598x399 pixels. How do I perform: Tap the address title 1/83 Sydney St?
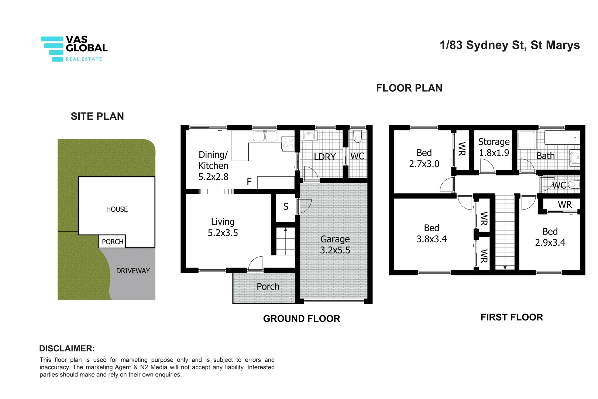(x=509, y=45)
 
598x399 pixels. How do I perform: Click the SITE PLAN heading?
(x=97, y=116)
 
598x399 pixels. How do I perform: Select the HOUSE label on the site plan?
(x=117, y=209)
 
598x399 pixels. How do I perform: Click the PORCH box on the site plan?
(x=112, y=242)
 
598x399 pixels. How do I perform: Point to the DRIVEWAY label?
(x=133, y=271)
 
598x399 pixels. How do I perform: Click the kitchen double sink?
(x=265, y=136)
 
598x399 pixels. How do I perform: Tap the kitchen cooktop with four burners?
(x=288, y=143)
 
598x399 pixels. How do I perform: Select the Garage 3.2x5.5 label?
(x=335, y=245)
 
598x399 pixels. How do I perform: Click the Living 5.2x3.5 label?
(x=223, y=227)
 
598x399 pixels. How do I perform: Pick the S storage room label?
(x=286, y=207)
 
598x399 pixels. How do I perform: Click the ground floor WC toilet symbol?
(x=357, y=136)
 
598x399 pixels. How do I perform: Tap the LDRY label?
(x=324, y=157)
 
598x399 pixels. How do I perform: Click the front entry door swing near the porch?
(x=256, y=263)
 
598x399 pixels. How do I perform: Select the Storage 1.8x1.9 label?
(x=494, y=147)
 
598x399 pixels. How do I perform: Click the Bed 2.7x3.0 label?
(x=424, y=158)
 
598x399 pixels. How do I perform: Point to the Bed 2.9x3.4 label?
(x=550, y=237)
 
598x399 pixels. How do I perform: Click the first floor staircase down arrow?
(x=505, y=267)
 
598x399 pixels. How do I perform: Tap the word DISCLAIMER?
(x=67, y=348)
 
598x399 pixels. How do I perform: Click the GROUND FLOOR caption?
(x=301, y=318)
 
